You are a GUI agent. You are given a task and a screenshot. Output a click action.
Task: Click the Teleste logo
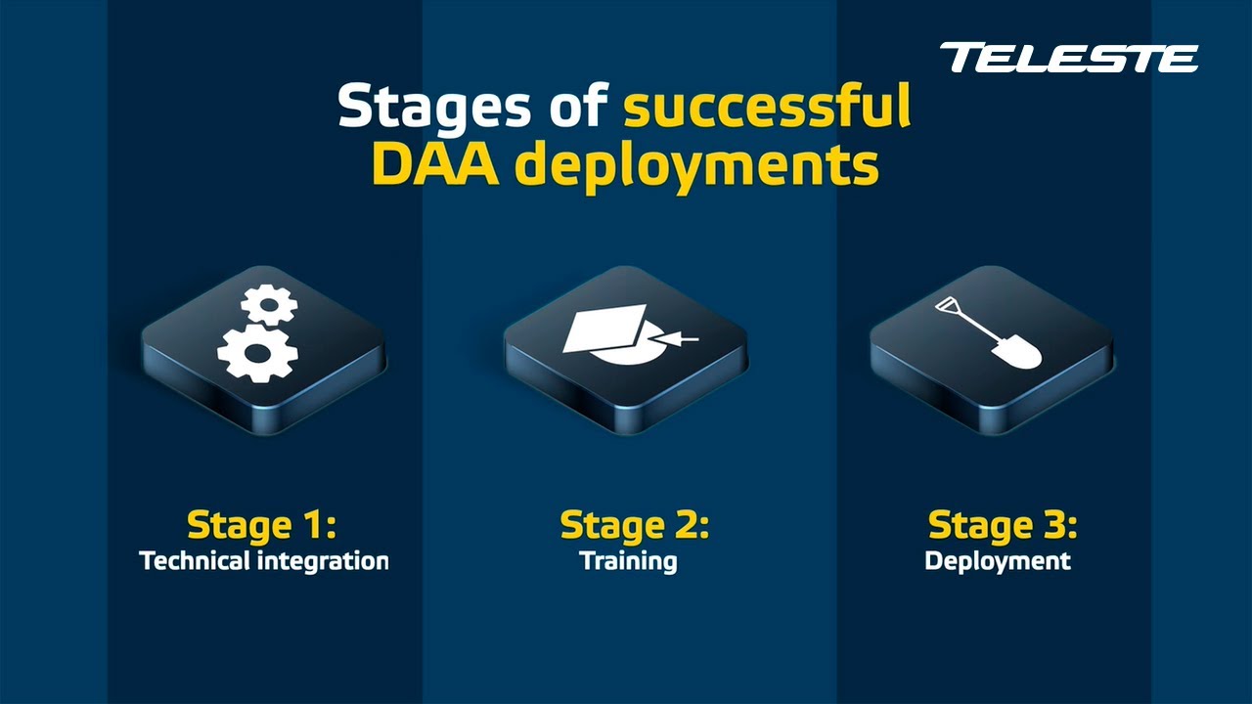pyautogui.click(x=1068, y=58)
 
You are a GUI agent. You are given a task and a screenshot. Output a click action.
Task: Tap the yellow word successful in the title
pyautogui.click(x=768, y=107)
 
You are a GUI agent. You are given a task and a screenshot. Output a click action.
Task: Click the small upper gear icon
pyautogui.click(x=269, y=305)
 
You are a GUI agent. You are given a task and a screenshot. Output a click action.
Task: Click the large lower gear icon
pyautogui.click(x=257, y=353)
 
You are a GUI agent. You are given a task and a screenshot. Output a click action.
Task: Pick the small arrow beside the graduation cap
pyautogui.click(x=681, y=339)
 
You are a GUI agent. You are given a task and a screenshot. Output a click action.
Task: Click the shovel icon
pyautogui.click(x=989, y=332)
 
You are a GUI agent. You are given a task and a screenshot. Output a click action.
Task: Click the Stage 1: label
pyautogui.click(x=261, y=525)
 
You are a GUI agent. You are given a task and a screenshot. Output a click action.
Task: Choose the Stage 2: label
pyautogui.click(x=634, y=525)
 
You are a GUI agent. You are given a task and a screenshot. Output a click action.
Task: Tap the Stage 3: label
pyautogui.click(x=1003, y=525)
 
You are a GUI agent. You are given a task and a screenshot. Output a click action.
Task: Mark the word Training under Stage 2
pyautogui.click(x=628, y=562)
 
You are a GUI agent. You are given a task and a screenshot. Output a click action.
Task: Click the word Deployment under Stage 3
pyautogui.click(x=998, y=562)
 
